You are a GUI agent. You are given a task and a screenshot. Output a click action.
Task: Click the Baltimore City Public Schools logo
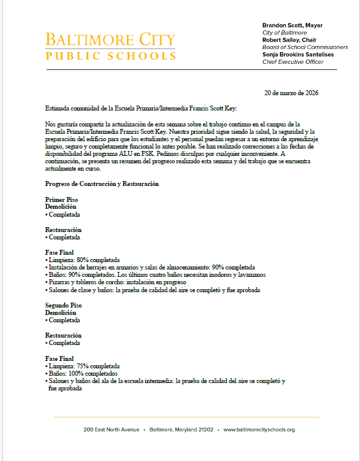pos(110,47)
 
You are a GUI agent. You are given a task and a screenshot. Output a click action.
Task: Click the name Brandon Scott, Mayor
pos(292,25)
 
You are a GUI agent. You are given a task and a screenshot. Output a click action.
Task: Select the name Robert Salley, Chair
pos(290,40)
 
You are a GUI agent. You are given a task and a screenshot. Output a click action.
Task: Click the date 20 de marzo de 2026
pos(291,93)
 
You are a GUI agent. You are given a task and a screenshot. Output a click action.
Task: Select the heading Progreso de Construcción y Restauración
pos(102,184)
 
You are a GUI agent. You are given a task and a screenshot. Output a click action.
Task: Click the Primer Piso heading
pos(61,200)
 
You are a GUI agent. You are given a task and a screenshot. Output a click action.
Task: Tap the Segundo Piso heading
pos(63,305)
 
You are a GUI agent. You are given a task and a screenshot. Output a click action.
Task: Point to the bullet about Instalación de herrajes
pos(150,268)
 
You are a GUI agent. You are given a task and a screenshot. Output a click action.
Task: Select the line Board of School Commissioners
pos(305,47)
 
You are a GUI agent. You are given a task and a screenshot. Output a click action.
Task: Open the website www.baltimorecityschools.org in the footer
pos(259,430)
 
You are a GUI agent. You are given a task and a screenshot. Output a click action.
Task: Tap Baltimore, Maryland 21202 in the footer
pos(181,430)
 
